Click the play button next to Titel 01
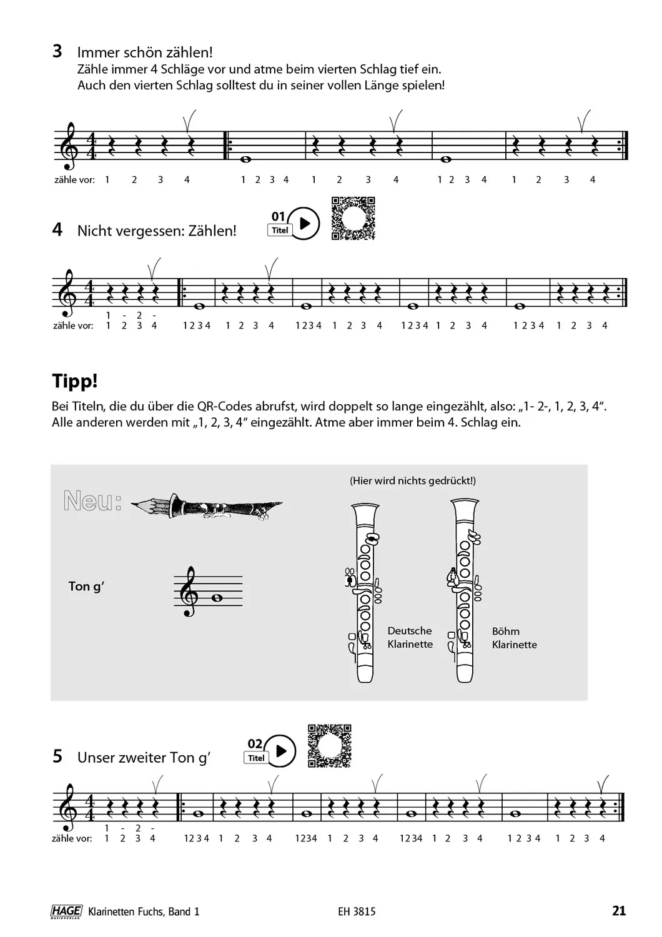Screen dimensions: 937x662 tap(304, 223)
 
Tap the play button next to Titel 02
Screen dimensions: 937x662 tap(280, 750)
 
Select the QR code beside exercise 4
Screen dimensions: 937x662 tap(352, 218)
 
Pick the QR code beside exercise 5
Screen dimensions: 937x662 tap(330, 745)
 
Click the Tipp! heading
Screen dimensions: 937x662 tap(75, 381)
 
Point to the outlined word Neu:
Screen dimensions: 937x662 tap(92, 501)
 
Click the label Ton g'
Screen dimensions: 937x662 tap(86, 586)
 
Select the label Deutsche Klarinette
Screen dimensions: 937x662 tap(410, 638)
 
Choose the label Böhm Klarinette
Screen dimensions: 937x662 tap(514, 638)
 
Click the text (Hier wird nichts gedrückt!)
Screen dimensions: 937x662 tap(413, 480)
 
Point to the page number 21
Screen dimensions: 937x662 tap(618, 911)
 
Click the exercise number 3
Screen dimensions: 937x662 tap(57, 52)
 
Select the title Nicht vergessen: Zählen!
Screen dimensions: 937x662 tap(157, 231)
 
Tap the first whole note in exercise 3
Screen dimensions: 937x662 tap(245, 159)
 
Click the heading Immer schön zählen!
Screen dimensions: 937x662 tap(146, 52)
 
